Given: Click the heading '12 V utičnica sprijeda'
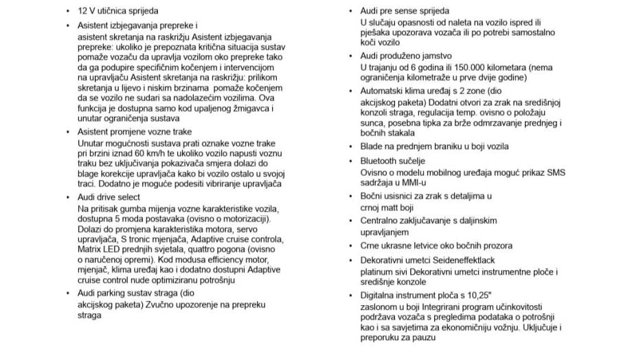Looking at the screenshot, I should (118, 11).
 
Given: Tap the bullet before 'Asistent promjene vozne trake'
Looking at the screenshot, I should (68, 131).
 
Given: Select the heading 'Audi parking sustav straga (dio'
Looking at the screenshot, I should (131, 293).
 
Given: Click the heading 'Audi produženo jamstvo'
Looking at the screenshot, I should (406, 56).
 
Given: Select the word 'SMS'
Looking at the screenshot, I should (555, 172).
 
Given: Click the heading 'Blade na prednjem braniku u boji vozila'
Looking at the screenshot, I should (434, 146).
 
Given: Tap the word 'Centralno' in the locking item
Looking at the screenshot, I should (380, 221).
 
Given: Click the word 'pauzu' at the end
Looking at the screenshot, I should (429, 338).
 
